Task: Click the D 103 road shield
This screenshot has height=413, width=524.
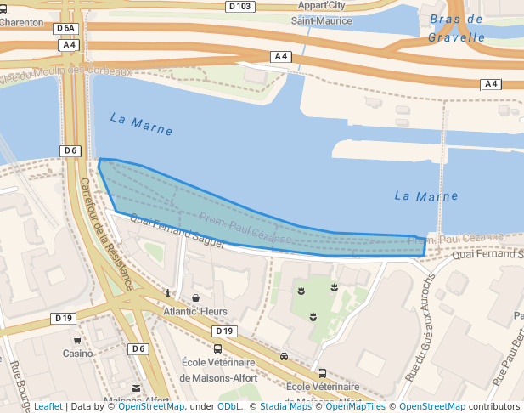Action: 240,6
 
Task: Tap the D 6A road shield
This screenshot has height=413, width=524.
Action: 65,28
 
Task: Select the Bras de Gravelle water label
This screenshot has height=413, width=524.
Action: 456,28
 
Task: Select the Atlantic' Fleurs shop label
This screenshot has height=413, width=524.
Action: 195,311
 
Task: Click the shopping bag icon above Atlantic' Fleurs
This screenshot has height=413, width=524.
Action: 196,298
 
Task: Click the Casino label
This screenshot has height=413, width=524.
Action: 77,353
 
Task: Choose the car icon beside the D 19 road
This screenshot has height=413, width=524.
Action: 284,357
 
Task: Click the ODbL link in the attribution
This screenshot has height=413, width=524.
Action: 229,406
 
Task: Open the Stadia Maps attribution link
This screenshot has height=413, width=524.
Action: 285,406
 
